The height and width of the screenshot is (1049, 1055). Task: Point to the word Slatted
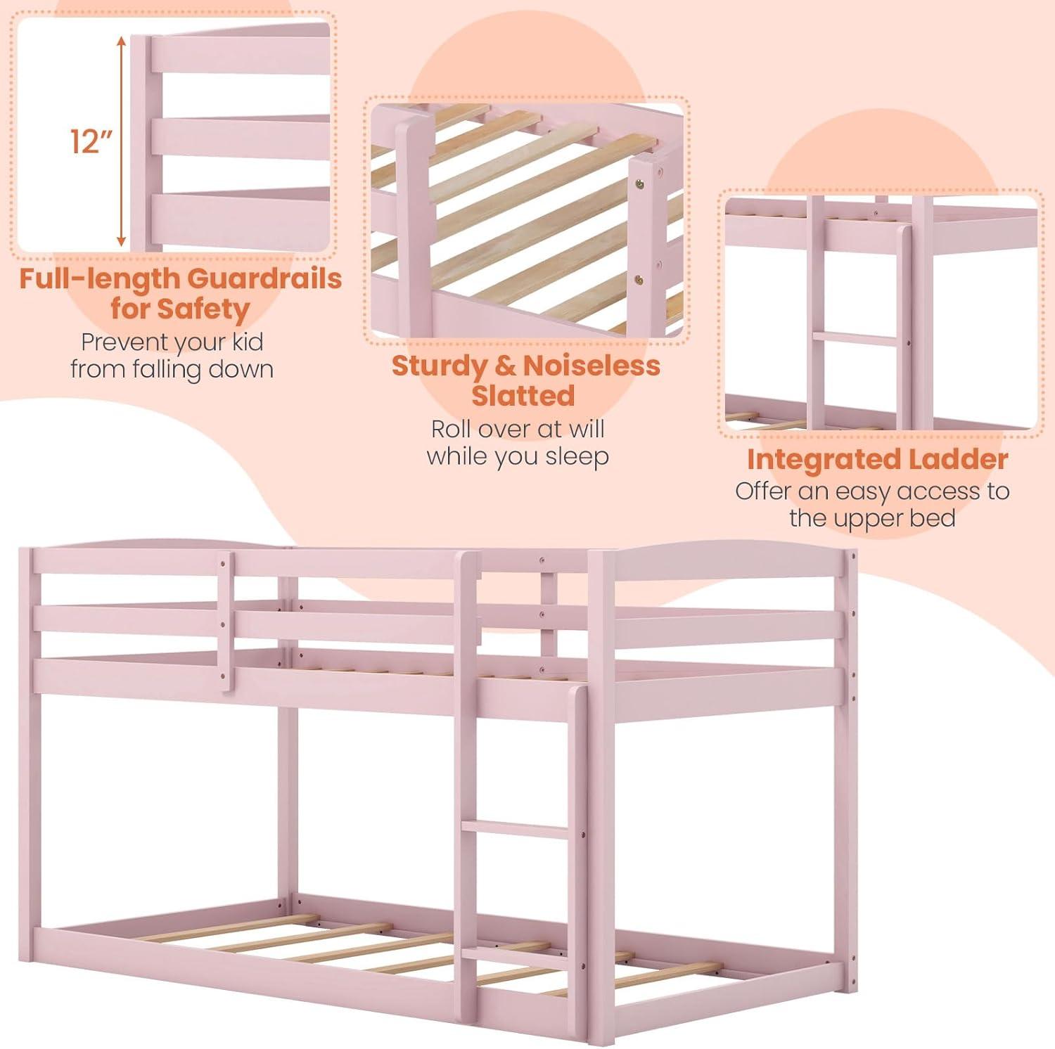(523, 396)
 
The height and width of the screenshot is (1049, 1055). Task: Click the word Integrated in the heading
(823, 460)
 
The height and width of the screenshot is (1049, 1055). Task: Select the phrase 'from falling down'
(172, 369)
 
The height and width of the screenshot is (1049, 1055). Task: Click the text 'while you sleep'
(518, 457)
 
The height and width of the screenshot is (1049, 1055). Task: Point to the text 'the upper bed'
(872, 518)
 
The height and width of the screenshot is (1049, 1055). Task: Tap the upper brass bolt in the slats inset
(641, 184)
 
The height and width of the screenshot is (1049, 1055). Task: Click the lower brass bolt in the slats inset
(641, 278)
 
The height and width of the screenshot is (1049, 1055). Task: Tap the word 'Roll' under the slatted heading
(452, 429)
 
